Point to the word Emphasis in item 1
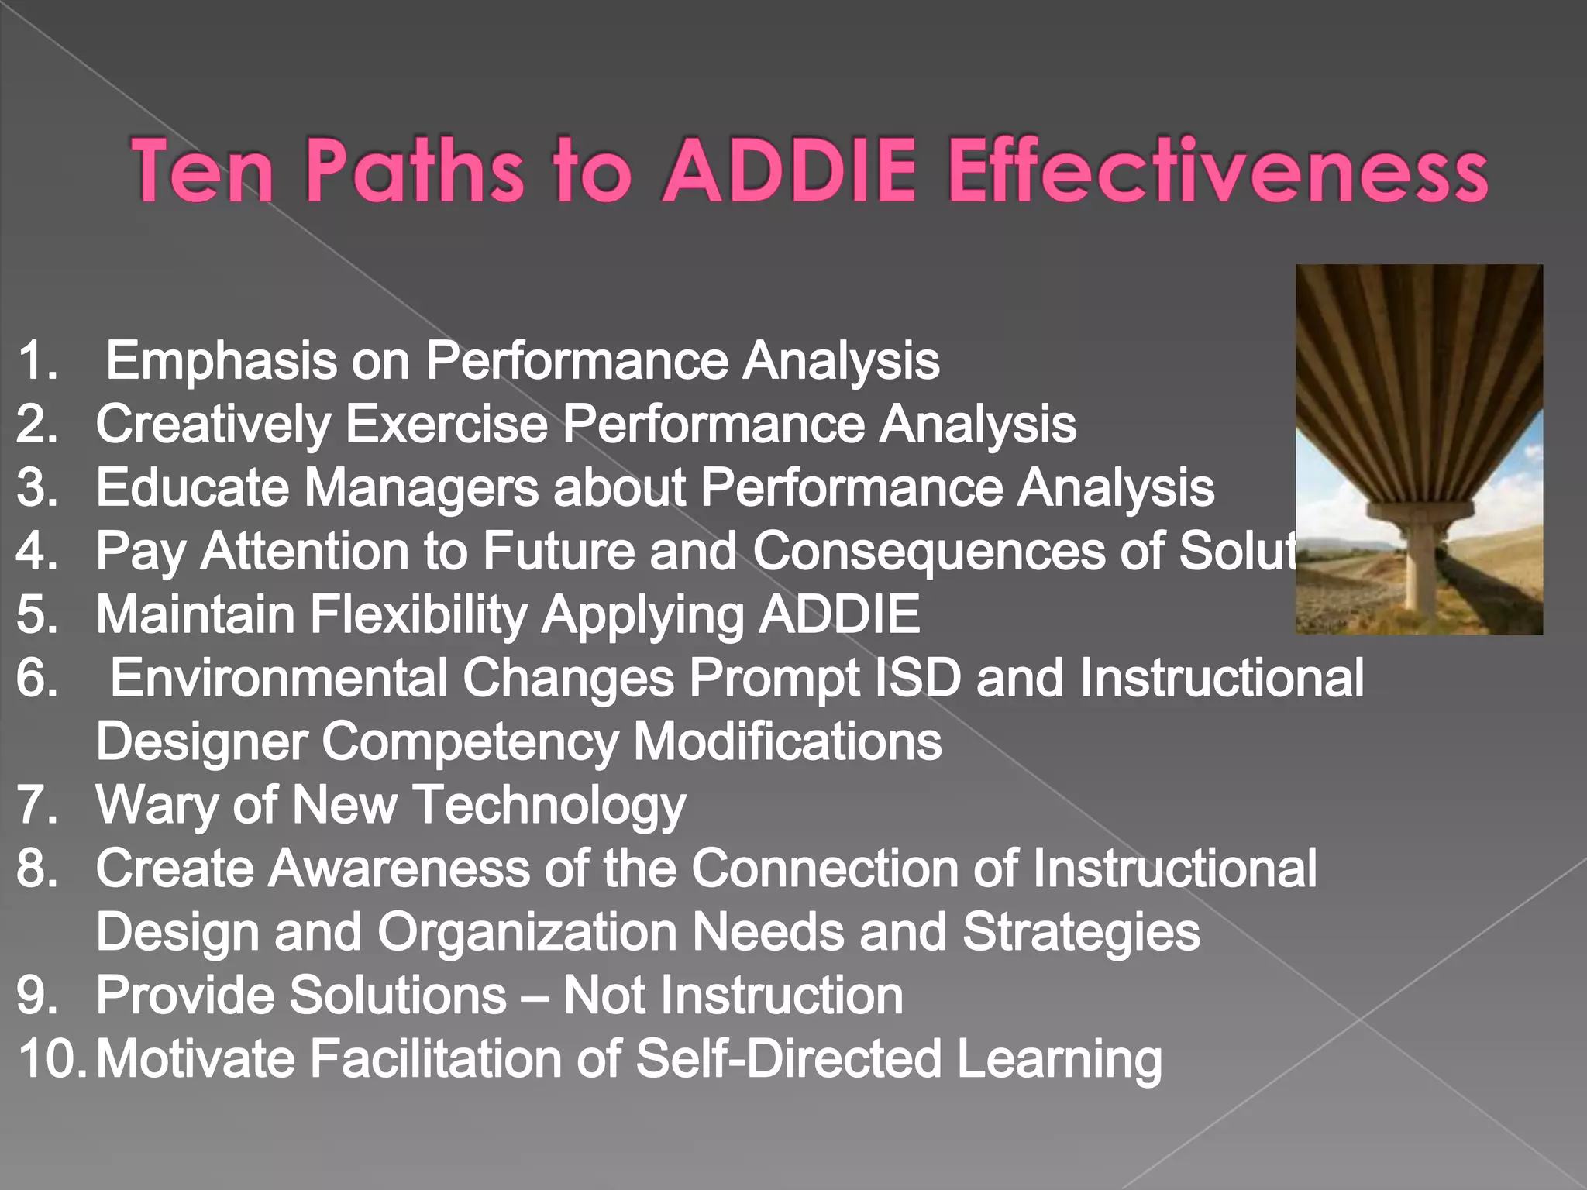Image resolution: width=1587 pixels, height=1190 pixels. [221, 361]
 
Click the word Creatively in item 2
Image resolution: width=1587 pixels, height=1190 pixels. [213, 425]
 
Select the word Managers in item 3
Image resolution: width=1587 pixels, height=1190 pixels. [421, 488]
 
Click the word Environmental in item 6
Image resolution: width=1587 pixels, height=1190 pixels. [279, 679]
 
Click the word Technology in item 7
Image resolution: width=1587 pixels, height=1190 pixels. [549, 806]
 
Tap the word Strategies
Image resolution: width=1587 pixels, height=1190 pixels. [1081, 933]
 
